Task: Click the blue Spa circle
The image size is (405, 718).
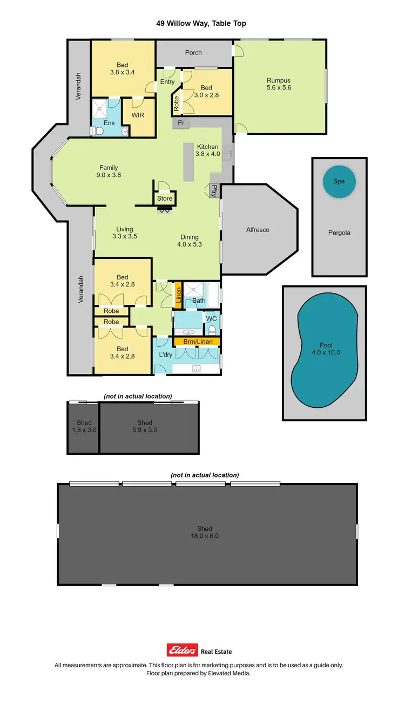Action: tap(339, 182)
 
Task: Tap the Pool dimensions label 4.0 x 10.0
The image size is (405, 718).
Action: tap(326, 352)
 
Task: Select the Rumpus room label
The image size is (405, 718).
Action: tap(279, 80)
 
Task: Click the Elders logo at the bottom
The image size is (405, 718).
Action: tap(182, 651)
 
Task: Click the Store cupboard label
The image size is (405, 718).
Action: tap(165, 199)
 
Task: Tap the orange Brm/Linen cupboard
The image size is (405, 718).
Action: tap(197, 341)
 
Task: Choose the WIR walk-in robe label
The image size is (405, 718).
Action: tap(138, 115)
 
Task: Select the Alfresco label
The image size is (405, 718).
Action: tap(258, 230)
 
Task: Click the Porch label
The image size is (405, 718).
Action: tap(193, 52)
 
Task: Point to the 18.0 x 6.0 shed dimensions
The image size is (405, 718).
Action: tap(205, 536)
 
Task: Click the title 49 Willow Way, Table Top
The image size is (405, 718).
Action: tap(202, 23)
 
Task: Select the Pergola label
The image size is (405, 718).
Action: tap(339, 233)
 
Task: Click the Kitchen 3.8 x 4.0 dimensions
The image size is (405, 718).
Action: tap(208, 154)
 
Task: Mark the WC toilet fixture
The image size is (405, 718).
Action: tap(212, 329)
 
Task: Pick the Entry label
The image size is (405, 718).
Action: tap(167, 82)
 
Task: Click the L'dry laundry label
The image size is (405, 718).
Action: tap(165, 354)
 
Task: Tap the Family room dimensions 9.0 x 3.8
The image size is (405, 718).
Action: tap(108, 175)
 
